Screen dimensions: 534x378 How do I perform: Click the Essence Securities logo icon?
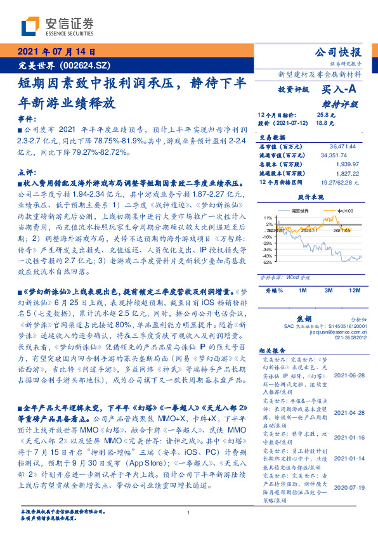click(29, 27)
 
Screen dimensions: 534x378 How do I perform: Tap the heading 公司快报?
click(338, 53)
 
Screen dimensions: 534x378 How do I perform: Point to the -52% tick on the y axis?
click(268, 261)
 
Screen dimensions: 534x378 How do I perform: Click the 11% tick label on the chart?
click(269, 218)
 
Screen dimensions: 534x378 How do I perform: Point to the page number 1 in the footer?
click(189, 513)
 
